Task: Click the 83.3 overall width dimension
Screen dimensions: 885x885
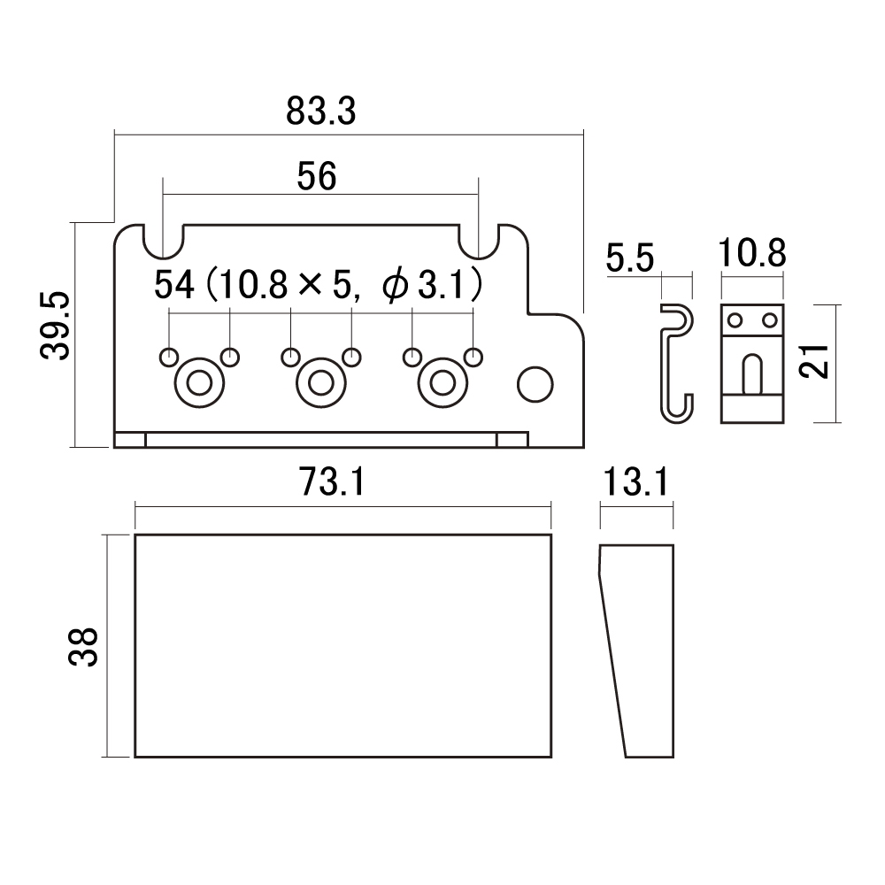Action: (x=320, y=111)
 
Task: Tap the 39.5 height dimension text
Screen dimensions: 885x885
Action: (x=55, y=326)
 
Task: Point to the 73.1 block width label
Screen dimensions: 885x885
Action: (x=332, y=481)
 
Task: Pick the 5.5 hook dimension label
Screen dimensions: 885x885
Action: (x=629, y=258)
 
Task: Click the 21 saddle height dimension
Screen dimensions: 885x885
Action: (x=814, y=361)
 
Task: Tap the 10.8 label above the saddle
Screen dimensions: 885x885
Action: (x=751, y=253)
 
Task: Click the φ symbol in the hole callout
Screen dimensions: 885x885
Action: (x=395, y=286)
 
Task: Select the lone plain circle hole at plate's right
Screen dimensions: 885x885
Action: (x=535, y=384)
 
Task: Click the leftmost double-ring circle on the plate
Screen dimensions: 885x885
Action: (x=199, y=383)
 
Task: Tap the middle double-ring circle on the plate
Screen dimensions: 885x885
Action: (x=321, y=383)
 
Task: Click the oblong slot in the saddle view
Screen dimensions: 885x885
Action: (x=751, y=373)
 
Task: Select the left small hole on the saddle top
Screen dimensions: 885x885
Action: (x=735, y=320)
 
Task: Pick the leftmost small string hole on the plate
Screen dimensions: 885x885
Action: (x=169, y=358)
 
